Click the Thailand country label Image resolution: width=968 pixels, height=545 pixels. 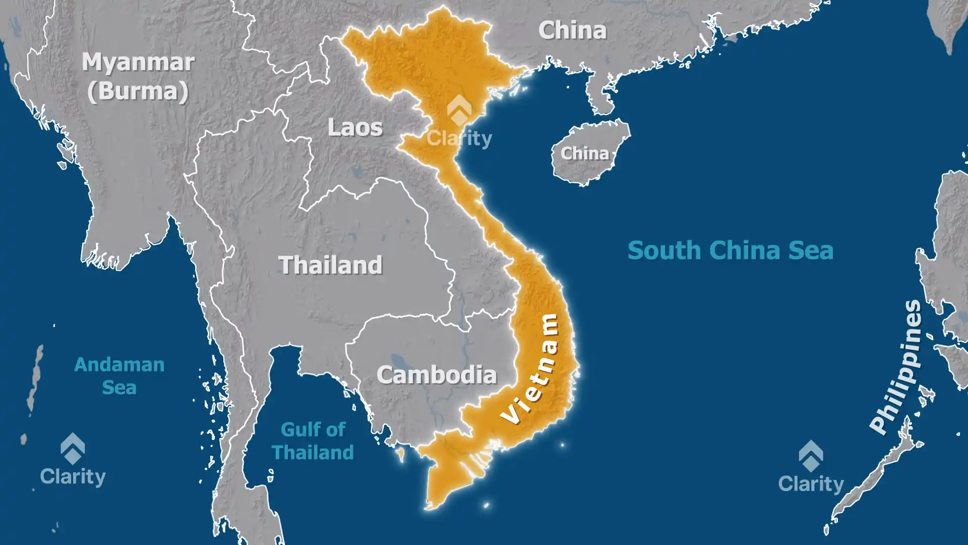[x=331, y=265]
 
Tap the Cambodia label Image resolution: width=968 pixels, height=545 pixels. [x=437, y=375]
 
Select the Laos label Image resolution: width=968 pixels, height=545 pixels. [x=355, y=127]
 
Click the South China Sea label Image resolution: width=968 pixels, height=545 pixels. [x=730, y=251]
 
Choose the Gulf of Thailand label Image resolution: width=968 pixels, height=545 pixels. [x=313, y=441]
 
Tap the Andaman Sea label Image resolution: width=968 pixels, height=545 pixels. [x=119, y=375]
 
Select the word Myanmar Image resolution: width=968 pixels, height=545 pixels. [x=138, y=63]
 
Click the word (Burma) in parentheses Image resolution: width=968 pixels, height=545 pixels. [x=138, y=91]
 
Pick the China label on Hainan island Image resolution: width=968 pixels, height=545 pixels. [x=585, y=153]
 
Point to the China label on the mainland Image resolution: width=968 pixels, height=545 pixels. [x=572, y=31]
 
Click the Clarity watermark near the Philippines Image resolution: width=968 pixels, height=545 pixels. [x=811, y=467]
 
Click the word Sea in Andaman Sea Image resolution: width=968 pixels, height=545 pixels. [x=119, y=388]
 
